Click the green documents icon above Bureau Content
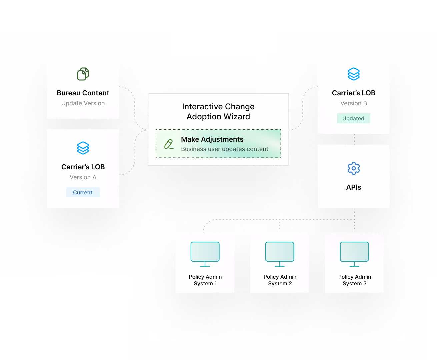[x=83, y=74]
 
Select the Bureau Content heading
[x=83, y=93]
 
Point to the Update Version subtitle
[x=83, y=103]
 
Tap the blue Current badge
[x=83, y=192]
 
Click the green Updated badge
[x=353, y=118]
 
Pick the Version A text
[x=83, y=177]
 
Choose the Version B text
[x=353, y=103]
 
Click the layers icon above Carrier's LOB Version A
[x=83, y=148]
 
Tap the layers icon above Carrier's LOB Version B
[x=354, y=74]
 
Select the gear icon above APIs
[x=354, y=168]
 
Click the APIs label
[x=354, y=187]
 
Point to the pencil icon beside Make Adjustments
[x=169, y=144]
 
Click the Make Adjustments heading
[x=212, y=139]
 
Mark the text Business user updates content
[x=225, y=149]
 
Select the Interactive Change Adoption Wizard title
[x=218, y=112]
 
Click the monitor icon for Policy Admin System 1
[x=205, y=254]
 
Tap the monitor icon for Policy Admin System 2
[x=280, y=254]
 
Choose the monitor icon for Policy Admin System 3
[x=354, y=254]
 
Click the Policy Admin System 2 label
[x=280, y=280]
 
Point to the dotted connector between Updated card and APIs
[x=354, y=139]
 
